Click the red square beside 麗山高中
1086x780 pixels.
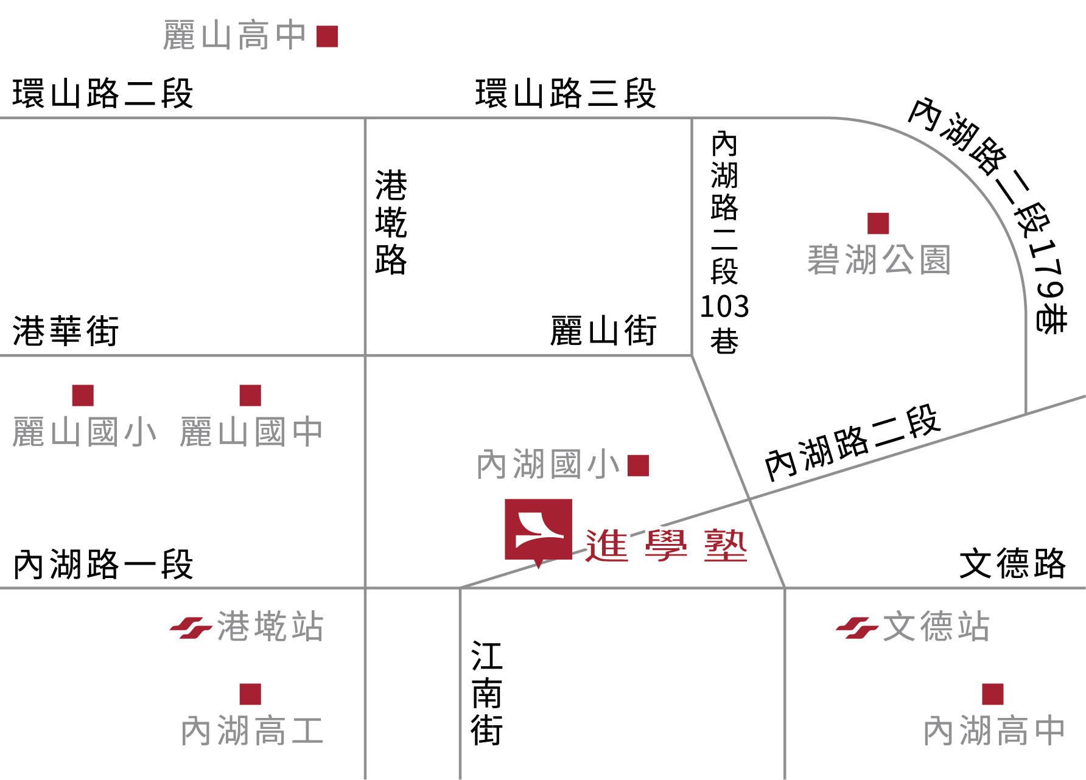pyautogui.click(x=327, y=37)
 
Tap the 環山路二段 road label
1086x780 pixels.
pyautogui.click(x=103, y=94)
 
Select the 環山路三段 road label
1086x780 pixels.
pyautogui.click(x=566, y=94)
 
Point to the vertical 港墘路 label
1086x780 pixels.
pyautogui.click(x=391, y=222)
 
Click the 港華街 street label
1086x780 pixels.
pyautogui.click(x=66, y=331)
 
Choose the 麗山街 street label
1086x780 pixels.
pyautogui.click(x=603, y=331)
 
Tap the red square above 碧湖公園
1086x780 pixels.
pyautogui.click(x=878, y=223)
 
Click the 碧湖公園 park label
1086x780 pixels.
pyautogui.click(x=879, y=260)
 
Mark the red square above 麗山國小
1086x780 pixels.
pyautogui.click(x=83, y=395)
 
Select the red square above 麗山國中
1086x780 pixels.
pyautogui.click(x=250, y=395)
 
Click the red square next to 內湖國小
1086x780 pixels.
pyautogui.click(x=638, y=465)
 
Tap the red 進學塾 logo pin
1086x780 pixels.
pyautogui.click(x=538, y=531)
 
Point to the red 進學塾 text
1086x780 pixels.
pyautogui.click(x=666, y=545)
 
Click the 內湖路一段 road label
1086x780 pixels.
pyautogui.click(x=103, y=565)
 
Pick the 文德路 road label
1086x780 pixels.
pyautogui.click(x=1012, y=563)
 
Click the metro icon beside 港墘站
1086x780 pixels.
pyautogui.click(x=191, y=628)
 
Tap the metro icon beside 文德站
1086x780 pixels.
pyautogui.click(x=857, y=628)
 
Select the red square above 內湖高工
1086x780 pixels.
pyautogui.click(x=250, y=694)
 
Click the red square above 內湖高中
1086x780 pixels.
pyautogui.click(x=993, y=694)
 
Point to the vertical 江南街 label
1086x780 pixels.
pyautogui.click(x=487, y=694)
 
